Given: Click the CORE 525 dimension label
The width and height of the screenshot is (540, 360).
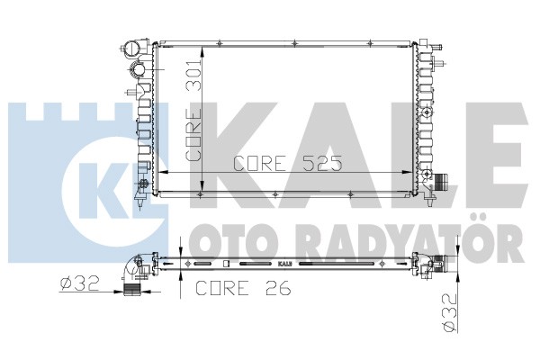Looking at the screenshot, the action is pos(288,163).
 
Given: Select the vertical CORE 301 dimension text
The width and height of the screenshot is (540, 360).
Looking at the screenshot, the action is pos(193,110).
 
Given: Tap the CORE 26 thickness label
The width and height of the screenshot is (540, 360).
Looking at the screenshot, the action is pos(243,288).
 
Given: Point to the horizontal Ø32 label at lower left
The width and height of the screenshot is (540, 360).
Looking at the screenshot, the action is pos(79,283).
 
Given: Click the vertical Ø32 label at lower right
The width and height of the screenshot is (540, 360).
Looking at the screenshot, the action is pos(451,313).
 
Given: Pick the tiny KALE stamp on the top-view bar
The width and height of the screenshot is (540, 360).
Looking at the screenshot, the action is pos(284,264).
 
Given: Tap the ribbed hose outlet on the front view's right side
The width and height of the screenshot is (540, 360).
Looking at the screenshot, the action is pos(440,182).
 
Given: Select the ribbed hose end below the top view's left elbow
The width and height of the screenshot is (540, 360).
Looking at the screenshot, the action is pos(132,290).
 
